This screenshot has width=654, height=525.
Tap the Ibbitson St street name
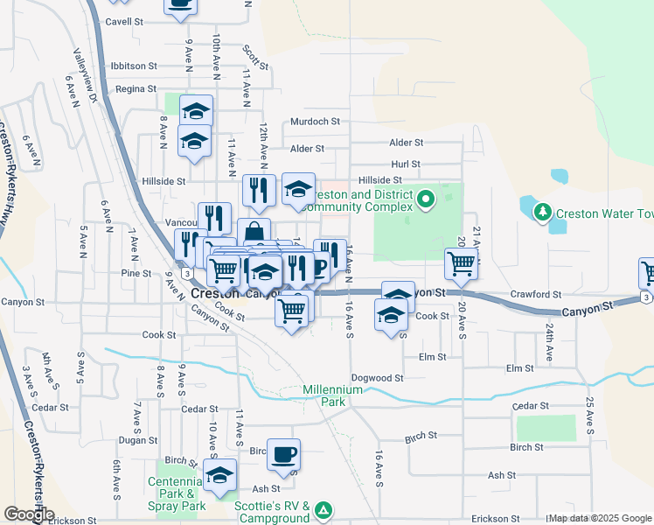click(133, 66)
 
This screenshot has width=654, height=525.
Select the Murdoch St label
click(315, 122)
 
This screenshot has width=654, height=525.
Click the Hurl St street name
click(406, 164)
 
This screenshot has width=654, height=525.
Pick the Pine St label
click(136, 274)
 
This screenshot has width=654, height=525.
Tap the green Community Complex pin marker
click(426, 200)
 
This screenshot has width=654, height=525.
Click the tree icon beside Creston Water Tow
click(542, 212)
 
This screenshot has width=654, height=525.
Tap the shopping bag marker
click(254, 234)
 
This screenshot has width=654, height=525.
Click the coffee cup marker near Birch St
click(283, 454)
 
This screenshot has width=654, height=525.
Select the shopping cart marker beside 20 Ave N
click(461, 262)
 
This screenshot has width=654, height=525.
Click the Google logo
click(28, 514)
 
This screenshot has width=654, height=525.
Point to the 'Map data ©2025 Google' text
click(599, 519)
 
